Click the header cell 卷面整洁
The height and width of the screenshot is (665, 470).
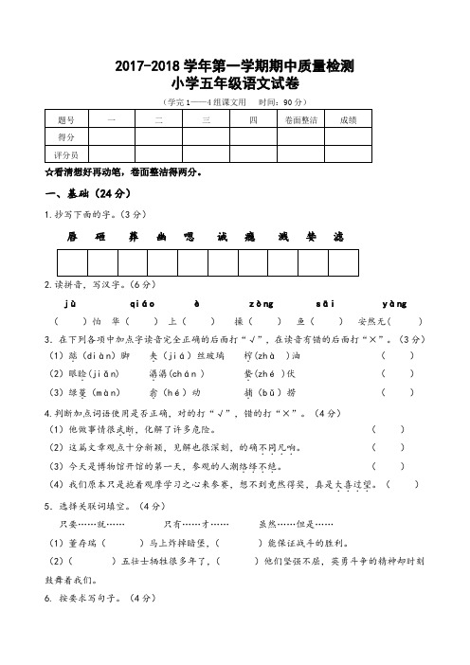[x=300, y=120]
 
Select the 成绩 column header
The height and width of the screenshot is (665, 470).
[x=348, y=120]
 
